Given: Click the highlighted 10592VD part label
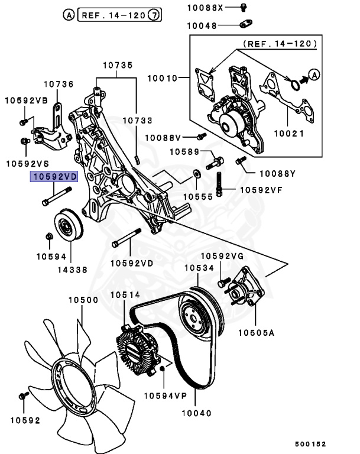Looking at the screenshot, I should click(55, 177).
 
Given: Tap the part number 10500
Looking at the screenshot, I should click(83, 300).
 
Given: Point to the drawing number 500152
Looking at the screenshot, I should click(310, 443).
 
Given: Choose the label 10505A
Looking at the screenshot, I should click(257, 333).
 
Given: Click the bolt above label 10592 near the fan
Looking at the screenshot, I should click(24, 395).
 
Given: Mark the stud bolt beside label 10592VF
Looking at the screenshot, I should click(220, 184).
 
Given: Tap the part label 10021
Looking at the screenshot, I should click(288, 134).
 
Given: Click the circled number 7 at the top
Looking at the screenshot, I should click(154, 15).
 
